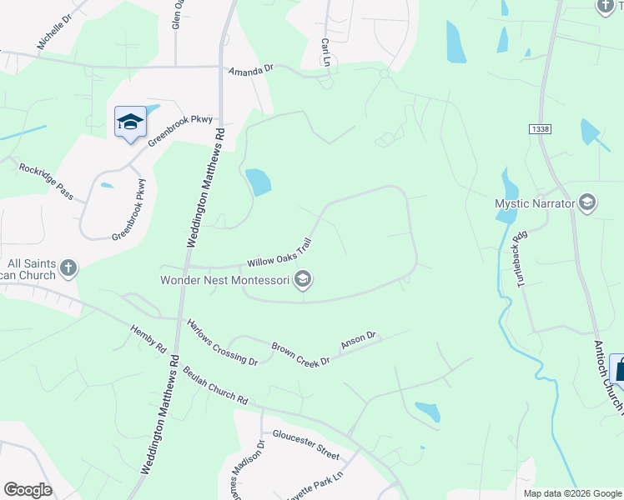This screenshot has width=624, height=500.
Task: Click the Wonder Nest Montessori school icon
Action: coord(304,280)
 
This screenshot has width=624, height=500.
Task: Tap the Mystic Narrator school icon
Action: coord(587,202)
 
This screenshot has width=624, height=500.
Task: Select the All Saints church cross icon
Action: coord(68,268)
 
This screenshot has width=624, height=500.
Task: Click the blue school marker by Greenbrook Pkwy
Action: coord(130,123)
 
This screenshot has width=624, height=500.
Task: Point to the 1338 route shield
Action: coord(538,128)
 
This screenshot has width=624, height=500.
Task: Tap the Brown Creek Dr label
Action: coord(301,353)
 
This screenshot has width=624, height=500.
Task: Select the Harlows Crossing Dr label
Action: coord(222,342)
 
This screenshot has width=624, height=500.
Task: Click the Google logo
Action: coord(28,490)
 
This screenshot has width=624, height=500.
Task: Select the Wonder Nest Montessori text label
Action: coord(225,280)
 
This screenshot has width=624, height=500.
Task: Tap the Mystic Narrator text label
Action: coord(534,203)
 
